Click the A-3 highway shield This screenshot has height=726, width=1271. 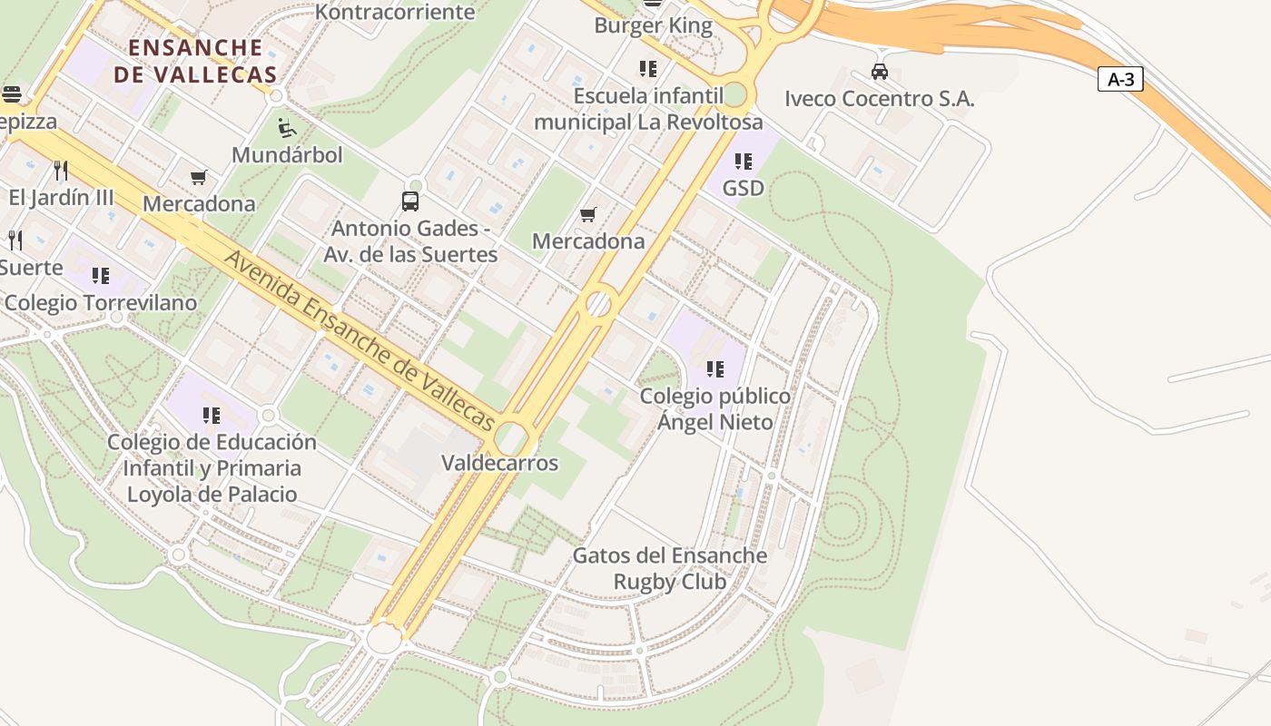pos(1120,79)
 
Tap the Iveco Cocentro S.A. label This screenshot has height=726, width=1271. pos(879,99)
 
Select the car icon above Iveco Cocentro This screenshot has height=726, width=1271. pos(879,71)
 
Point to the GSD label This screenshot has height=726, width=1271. pos(743,188)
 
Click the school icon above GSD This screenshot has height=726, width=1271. pos(744,162)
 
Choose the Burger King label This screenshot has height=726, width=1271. pos(653,25)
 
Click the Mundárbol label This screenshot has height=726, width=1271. pos(287,155)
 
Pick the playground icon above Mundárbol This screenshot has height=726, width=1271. pos(287,127)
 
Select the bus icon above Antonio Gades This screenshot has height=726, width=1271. pos(410,201)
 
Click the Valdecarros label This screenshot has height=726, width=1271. pos(499,463)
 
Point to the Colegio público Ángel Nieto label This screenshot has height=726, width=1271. pos(715,409)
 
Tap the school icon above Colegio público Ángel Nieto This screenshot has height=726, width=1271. pos(715,369)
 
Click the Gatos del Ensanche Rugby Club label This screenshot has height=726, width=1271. pos(670,568)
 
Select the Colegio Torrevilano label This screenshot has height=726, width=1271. pos(101,303)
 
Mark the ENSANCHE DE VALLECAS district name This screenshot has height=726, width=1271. pos(195,61)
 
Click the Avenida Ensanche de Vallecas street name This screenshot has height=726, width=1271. pos(360,340)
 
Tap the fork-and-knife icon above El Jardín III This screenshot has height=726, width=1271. pos(61,170)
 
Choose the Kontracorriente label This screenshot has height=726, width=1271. pos(395,12)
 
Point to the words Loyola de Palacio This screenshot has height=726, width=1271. pos(212,495)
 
